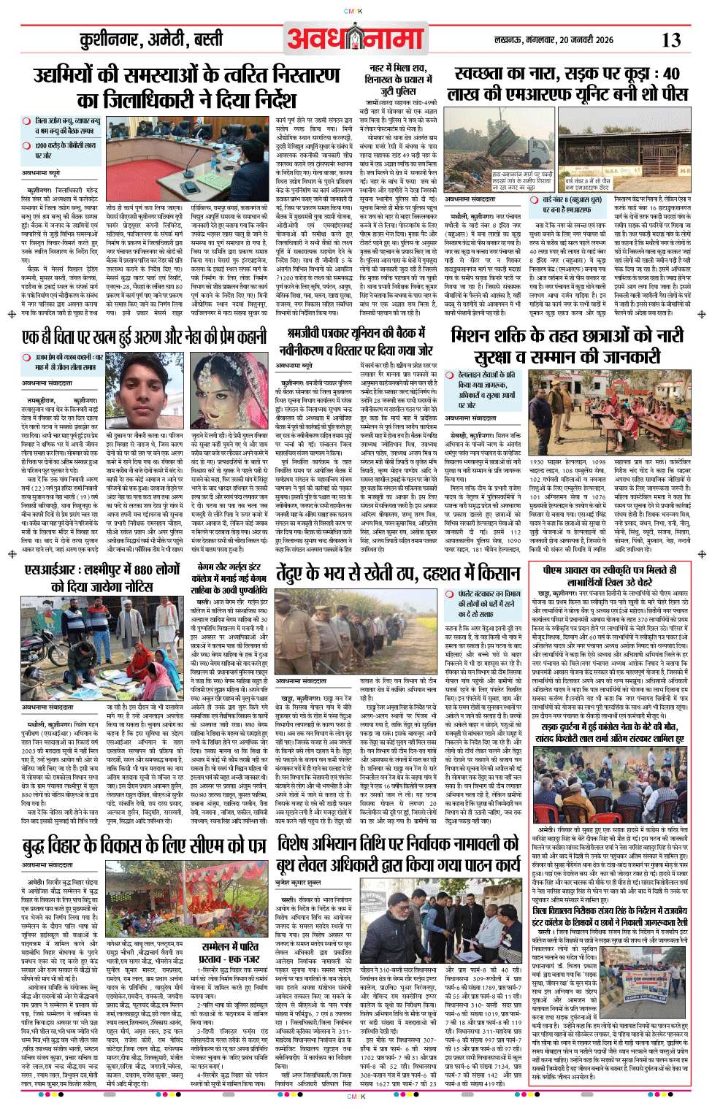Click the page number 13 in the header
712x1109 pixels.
(x=671, y=40)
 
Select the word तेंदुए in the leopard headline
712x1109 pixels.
(x=299, y=574)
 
